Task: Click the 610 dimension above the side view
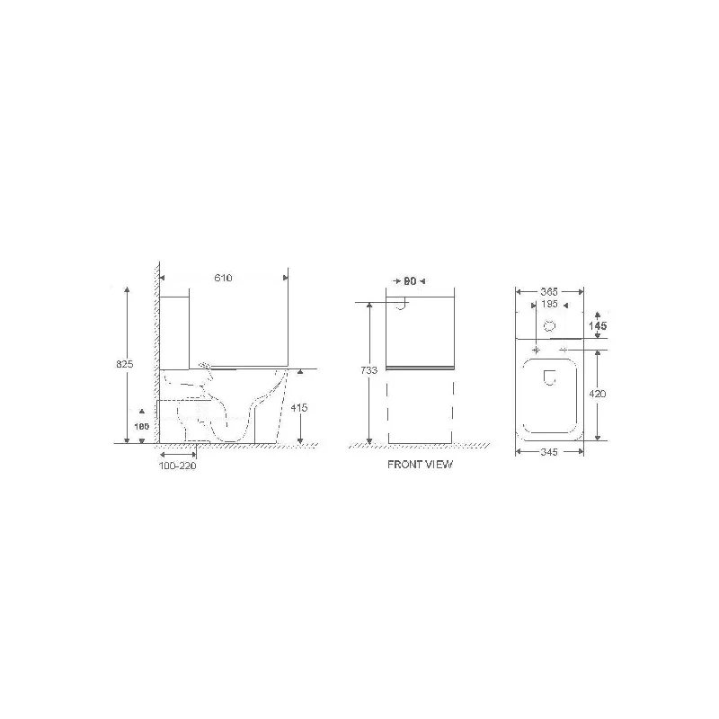(224, 279)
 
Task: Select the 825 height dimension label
(126, 364)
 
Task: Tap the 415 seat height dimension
(300, 407)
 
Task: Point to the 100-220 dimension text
(177, 466)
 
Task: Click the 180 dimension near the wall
(141, 426)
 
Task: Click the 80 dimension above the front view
(409, 280)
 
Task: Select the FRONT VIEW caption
(421, 465)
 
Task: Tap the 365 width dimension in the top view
(550, 291)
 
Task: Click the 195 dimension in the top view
(550, 305)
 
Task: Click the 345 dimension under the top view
(550, 452)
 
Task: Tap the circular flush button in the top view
(551, 325)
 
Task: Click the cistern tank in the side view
(176, 328)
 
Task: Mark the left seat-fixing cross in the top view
(537, 348)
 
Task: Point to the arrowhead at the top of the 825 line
(127, 289)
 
